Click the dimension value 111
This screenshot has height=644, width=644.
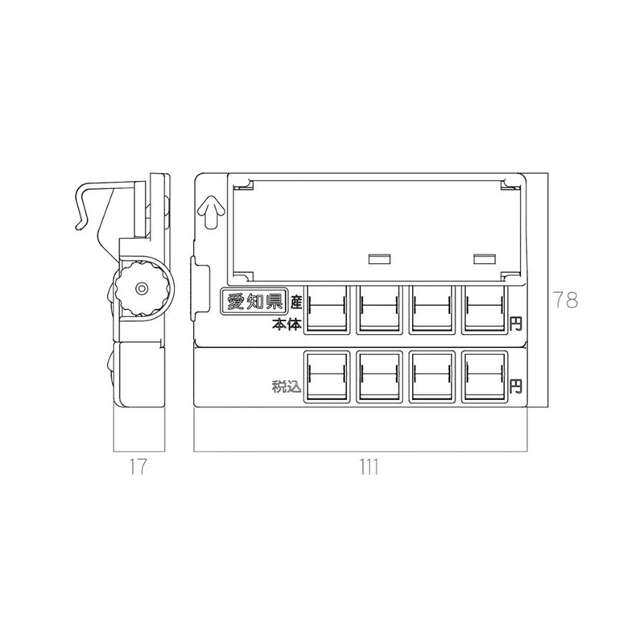click(369, 467)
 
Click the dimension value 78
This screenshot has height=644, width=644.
click(566, 299)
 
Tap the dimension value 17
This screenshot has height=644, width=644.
click(138, 467)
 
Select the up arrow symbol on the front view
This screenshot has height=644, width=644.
click(211, 212)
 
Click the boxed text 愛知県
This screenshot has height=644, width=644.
click(254, 302)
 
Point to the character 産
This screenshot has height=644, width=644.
click(296, 303)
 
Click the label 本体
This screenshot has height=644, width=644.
click(287, 324)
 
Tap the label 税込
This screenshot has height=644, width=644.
click(287, 386)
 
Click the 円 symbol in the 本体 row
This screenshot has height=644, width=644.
click(515, 324)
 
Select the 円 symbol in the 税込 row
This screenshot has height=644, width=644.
click(515, 386)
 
